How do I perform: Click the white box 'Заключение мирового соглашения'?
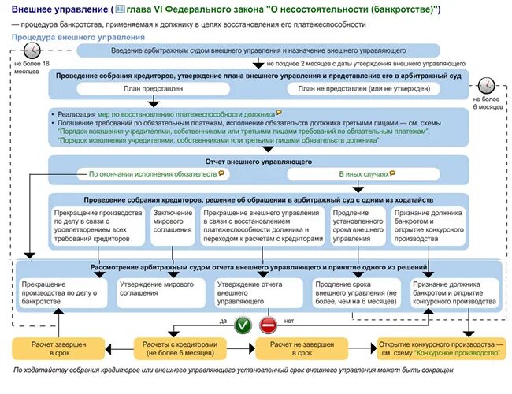tap(171, 225)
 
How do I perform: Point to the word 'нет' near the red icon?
tap(288, 321)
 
